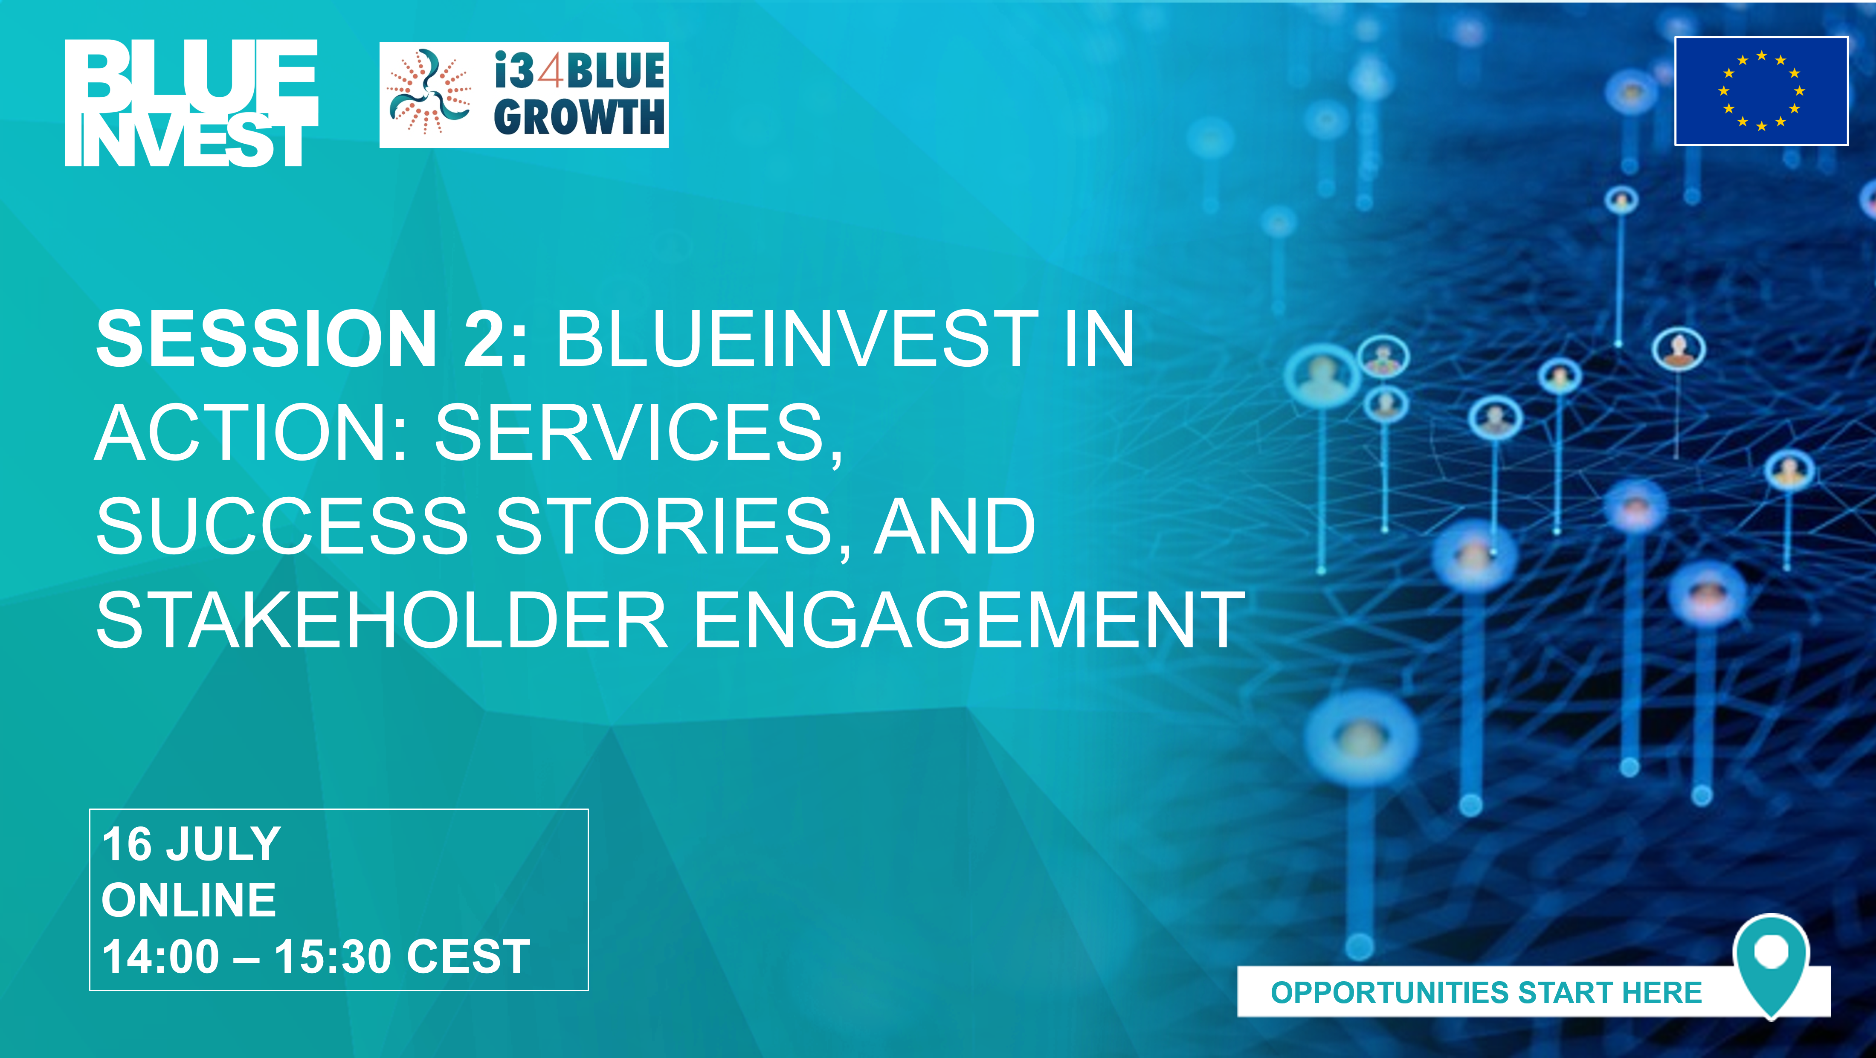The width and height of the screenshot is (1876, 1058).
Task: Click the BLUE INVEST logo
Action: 191,103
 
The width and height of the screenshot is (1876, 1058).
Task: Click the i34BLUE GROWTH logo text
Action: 579,94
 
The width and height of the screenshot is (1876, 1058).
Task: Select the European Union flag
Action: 1761,91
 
